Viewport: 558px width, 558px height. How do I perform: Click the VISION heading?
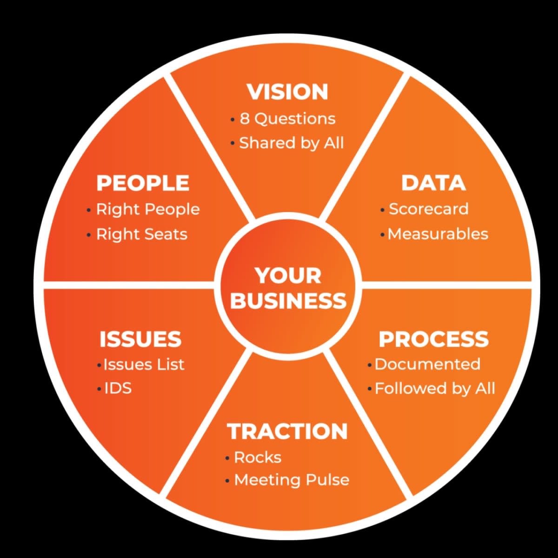(287, 92)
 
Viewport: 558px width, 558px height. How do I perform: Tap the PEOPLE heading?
(143, 183)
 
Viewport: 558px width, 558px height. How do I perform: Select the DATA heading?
(433, 183)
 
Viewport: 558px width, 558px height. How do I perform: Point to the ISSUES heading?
(140, 339)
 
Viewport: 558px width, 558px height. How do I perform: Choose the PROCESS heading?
(433, 339)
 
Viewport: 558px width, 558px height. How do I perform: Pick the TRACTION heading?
(287, 432)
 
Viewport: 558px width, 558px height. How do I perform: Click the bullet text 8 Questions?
(287, 119)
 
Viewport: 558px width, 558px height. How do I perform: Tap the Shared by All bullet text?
(291, 143)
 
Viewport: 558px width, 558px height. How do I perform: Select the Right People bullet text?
(148, 209)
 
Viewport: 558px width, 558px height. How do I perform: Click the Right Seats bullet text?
(142, 234)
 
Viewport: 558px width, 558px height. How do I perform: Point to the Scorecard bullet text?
(428, 209)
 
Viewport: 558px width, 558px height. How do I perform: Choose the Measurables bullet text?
(438, 234)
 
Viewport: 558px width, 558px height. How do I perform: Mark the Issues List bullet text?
(144, 364)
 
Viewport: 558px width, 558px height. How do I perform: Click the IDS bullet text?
(118, 388)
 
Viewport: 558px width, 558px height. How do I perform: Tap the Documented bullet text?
(427, 364)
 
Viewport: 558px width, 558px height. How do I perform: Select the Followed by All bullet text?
(435, 388)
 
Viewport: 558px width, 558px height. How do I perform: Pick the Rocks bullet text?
(258, 458)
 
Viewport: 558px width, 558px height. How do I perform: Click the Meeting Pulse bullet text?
(292, 480)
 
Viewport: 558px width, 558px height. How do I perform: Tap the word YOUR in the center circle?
(288, 276)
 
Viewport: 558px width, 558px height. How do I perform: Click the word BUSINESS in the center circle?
(288, 301)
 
